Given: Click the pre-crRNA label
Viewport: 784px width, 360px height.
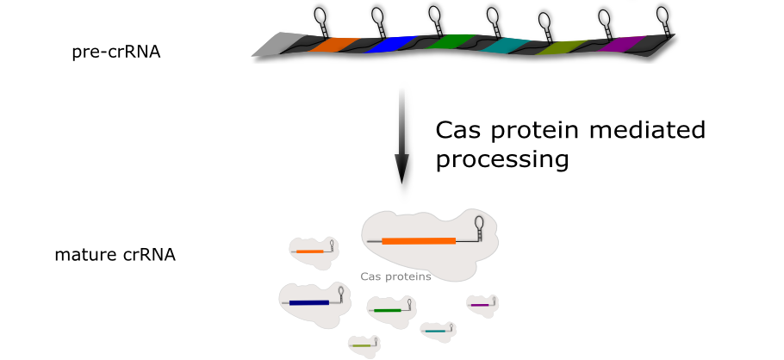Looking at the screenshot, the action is point(116,52).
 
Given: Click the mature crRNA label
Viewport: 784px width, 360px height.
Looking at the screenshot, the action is point(115,255).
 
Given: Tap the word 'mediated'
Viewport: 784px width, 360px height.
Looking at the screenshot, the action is point(647,130).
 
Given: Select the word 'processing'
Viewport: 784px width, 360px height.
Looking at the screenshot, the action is point(502,160).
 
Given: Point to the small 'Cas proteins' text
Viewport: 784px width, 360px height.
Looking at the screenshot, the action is point(395,276).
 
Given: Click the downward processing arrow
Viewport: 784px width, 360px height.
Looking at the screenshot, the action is point(401,136).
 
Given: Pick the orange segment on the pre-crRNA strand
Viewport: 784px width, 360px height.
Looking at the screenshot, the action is point(333,45).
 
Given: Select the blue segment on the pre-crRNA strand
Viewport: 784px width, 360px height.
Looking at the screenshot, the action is point(389,45).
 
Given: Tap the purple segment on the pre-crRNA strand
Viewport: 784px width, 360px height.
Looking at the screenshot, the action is point(621,44).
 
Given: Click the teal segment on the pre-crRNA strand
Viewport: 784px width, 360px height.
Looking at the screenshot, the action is point(506,47).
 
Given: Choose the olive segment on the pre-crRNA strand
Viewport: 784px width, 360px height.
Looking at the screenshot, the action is point(561,47).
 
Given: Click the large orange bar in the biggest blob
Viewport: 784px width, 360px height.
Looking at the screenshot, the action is point(419,241).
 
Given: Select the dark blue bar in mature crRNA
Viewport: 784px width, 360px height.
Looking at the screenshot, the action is point(309,303).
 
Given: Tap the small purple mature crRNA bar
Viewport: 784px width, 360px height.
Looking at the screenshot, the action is point(480,305).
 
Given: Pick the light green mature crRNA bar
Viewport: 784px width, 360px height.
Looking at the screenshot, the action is point(361,346).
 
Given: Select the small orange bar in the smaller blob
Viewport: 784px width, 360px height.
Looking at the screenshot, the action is point(309,251).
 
